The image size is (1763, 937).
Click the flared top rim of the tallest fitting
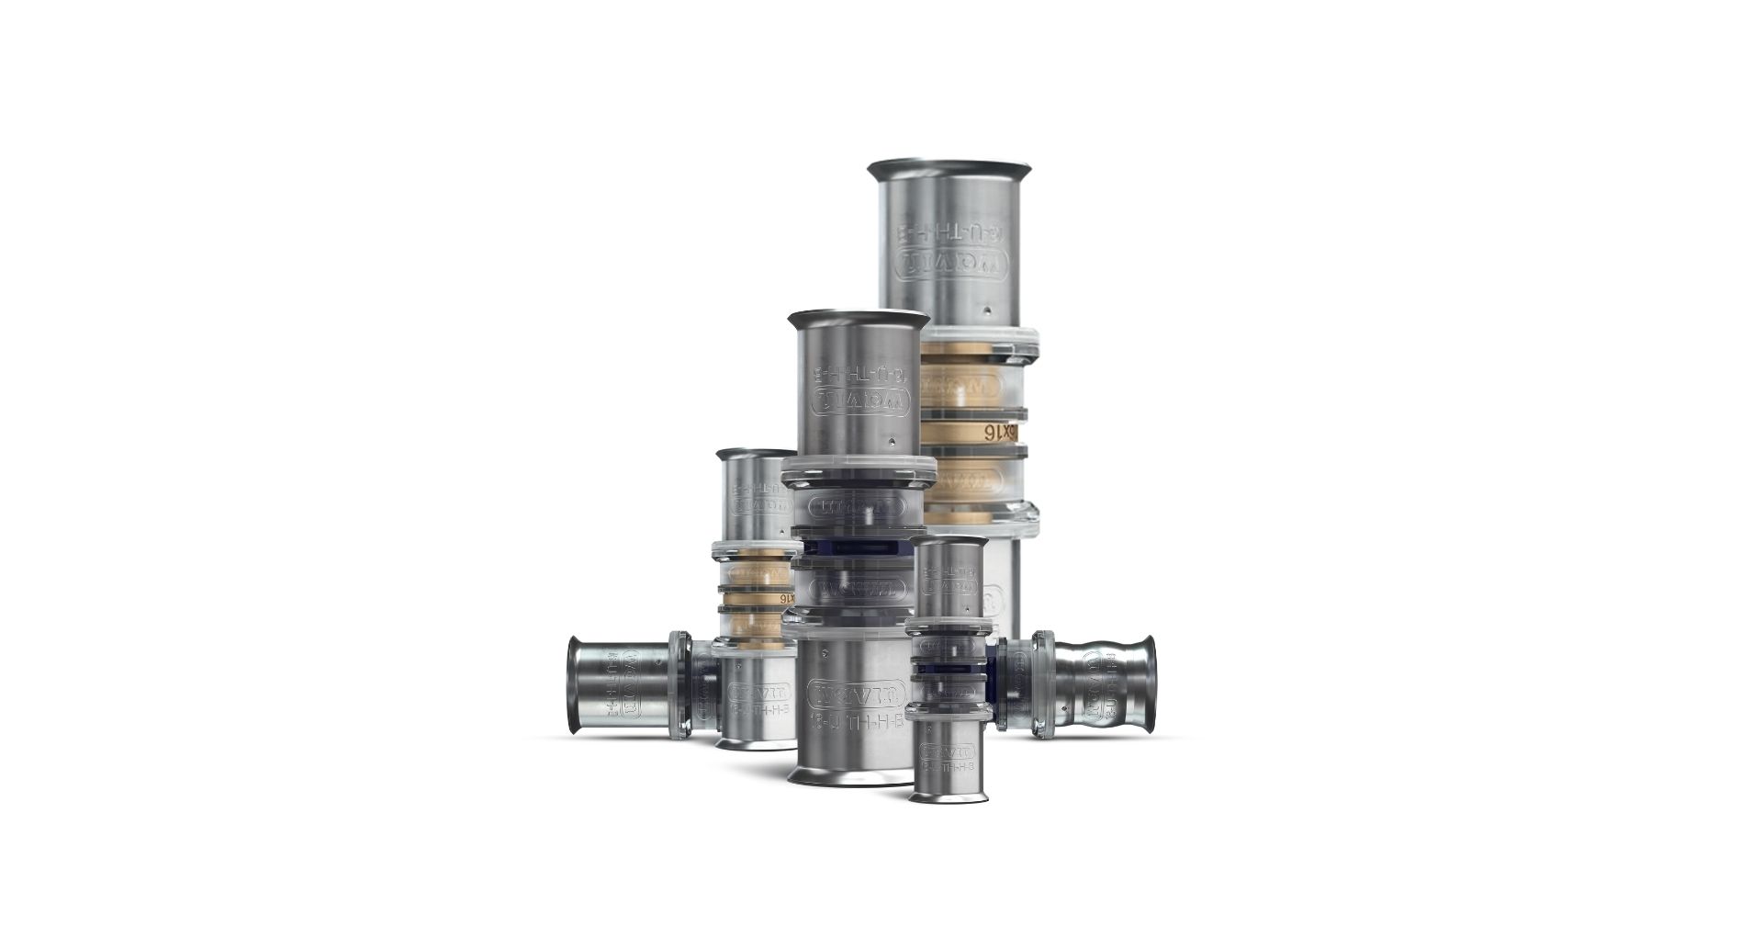coord(949,169)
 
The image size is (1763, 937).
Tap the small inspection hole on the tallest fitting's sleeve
coord(985,310)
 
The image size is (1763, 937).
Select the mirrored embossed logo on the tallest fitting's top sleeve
coord(951,266)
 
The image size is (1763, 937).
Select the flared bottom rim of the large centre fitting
coord(849,777)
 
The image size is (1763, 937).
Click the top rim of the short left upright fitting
coord(755,454)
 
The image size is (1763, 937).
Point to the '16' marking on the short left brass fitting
coord(784,598)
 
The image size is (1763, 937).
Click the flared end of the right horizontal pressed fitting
coord(1148,684)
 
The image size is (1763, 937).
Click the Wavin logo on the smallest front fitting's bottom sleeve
coord(948,751)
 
